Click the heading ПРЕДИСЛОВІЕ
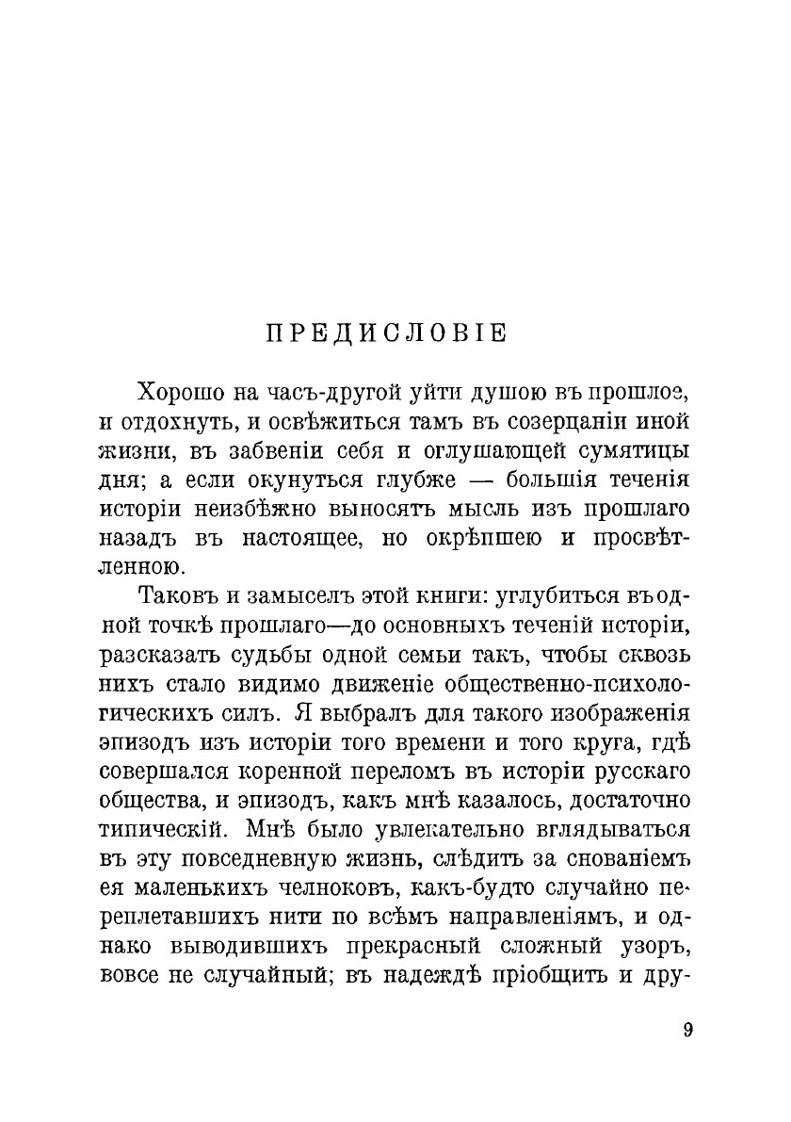(x=386, y=334)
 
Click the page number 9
(x=687, y=1030)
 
